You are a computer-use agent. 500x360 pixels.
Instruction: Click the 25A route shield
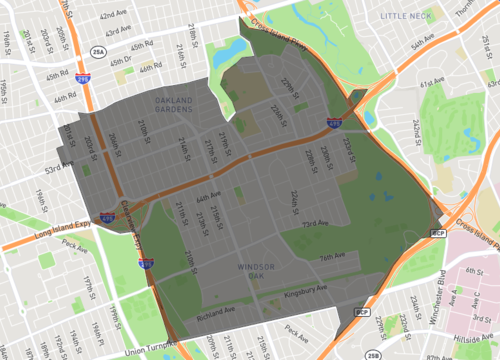97,50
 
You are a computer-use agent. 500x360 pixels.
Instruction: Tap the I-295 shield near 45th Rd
83,77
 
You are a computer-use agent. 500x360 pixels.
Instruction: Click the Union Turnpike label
150,351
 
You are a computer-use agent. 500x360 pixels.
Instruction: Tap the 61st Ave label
432,83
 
